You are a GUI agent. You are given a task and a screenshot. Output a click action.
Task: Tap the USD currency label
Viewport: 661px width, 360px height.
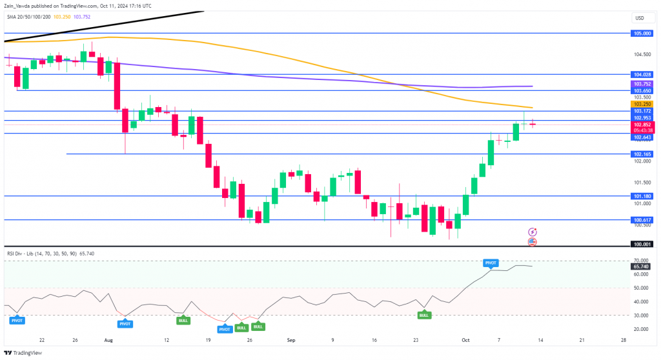640,17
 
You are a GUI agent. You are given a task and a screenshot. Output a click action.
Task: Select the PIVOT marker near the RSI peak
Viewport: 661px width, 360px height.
491,263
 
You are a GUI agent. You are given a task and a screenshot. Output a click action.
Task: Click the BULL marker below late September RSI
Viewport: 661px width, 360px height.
423,315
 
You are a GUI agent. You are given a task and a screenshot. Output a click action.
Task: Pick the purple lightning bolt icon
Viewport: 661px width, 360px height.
533,232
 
